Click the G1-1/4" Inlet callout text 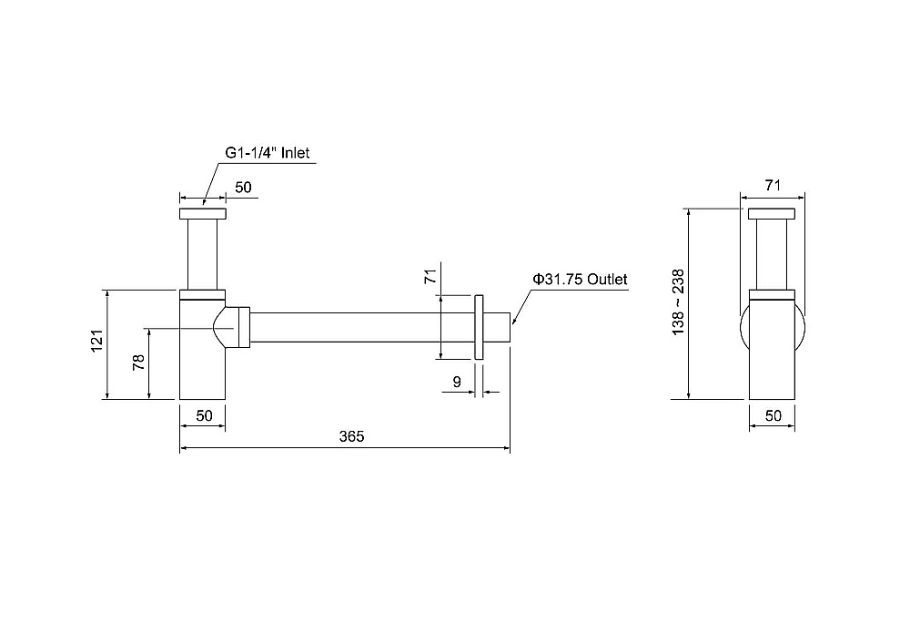(x=268, y=153)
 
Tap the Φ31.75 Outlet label (x=580, y=280)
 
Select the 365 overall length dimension (x=351, y=436)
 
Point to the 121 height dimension (x=97, y=341)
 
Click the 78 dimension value (x=138, y=363)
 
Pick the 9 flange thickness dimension (x=457, y=382)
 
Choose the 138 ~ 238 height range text (x=678, y=302)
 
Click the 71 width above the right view (x=773, y=185)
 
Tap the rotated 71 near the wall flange (x=430, y=276)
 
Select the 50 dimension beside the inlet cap (x=243, y=187)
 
